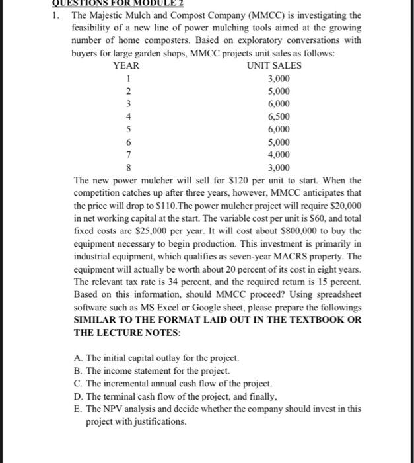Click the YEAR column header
126,66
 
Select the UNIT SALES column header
274,66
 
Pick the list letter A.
79,358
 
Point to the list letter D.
79,396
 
